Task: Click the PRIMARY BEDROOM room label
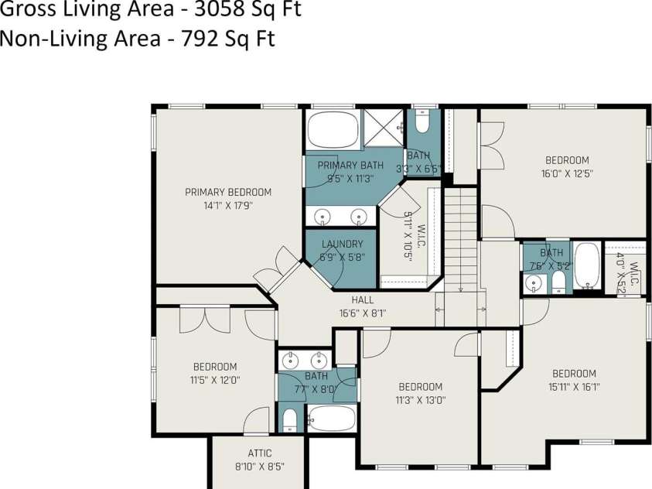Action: click(228, 192)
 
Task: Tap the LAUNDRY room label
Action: click(342, 244)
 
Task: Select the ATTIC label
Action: click(260, 453)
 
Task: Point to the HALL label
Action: click(363, 299)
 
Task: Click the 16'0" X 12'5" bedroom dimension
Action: click(567, 173)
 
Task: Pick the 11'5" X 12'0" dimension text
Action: click(215, 380)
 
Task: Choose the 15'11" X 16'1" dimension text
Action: click(574, 387)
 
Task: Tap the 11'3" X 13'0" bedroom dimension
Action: click(421, 401)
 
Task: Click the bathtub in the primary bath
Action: click(333, 129)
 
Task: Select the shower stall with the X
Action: click(384, 128)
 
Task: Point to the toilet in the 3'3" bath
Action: click(422, 121)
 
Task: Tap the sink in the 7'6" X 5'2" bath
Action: click(533, 284)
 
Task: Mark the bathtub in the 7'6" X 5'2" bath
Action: click(587, 265)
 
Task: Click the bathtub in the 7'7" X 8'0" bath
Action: click(332, 418)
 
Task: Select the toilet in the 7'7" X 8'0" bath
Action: click(289, 420)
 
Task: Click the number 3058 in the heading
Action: click(218, 9)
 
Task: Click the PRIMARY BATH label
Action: click(350, 165)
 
